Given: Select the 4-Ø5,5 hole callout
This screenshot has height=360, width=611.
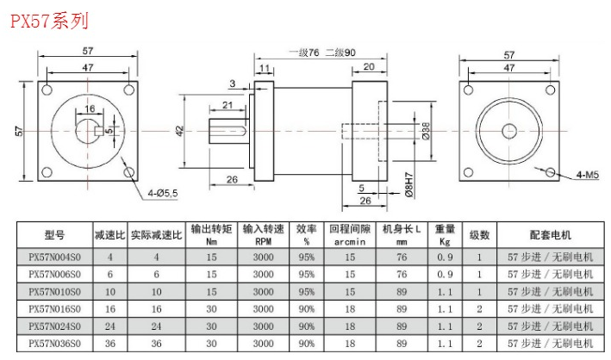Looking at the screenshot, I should point(161,192).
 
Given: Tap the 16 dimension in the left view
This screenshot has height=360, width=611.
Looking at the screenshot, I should point(90,109).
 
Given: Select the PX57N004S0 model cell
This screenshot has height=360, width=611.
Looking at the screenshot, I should point(54,257).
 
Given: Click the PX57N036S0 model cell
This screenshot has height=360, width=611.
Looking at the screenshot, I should point(54,343).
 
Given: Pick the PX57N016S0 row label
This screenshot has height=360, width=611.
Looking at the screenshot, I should point(54,308).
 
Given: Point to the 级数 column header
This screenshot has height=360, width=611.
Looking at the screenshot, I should point(479,234).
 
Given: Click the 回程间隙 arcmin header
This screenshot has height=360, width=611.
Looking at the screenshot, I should point(350,234).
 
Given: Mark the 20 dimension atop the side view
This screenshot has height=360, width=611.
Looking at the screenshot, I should point(369,66).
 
